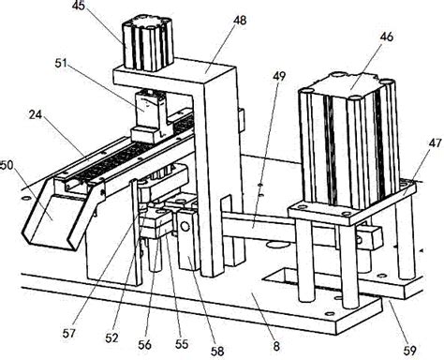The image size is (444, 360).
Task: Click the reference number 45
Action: pyautogui.click(x=80, y=6)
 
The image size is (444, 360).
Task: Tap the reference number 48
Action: pyautogui.click(x=240, y=21)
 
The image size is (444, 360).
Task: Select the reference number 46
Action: pyautogui.click(x=386, y=37)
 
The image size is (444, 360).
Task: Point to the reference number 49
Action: pyautogui.click(x=279, y=76)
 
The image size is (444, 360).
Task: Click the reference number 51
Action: pyautogui.click(x=61, y=63)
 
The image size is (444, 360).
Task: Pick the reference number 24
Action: pyautogui.click(x=36, y=115)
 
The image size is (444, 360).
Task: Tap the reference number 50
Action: pyautogui.click(x=7, y=165)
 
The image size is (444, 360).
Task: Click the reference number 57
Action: pyautogui.click(x=69, y=334)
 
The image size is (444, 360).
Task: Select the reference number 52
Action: pyautogui.click(x=111, y=337)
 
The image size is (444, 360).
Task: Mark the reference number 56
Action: pyautogui.click(x=144, y=345)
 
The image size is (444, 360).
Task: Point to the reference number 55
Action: pyautogui.click(x=182, y=344)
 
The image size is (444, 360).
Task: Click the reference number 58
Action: pyautogui.click(x=217, y=352)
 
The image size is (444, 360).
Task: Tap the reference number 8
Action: pyautogui.click(x=276, y=346)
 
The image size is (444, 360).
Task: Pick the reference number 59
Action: pyautogui.click(x=409, y=351)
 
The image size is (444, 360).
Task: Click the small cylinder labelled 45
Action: pyautogui.click(x=148, y=43)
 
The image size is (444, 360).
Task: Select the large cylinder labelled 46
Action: pyautogui.click(x=349, y=140)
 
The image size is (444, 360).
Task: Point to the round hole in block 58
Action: pyautogui.click(x=185, y=226)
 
